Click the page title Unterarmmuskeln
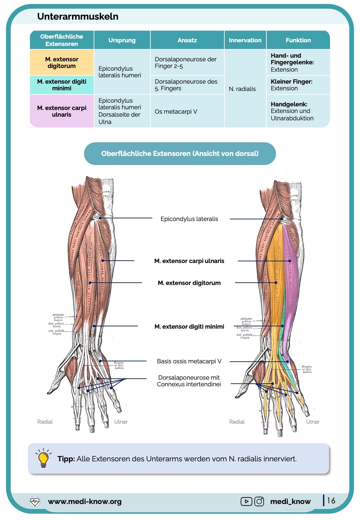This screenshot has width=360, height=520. (78, 16)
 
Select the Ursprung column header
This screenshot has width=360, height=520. (122, 40)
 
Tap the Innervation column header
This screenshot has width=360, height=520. (245, 40)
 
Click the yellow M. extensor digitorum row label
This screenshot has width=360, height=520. (62, 63)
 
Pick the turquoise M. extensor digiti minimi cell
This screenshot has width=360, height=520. (62, 85)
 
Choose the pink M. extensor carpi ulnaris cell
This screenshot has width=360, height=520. (62, 111)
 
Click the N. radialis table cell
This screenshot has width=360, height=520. (242, 89)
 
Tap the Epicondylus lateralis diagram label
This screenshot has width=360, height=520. (189, 219)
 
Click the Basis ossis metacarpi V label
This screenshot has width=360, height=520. (189, 361)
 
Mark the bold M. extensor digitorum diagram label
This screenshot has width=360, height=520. (189, 283)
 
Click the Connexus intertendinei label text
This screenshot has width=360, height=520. (189, 384)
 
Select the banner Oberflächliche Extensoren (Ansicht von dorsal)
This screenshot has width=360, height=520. (180, 154)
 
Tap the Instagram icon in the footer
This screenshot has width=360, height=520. (259, 501)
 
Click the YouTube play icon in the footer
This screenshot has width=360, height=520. (246, 501)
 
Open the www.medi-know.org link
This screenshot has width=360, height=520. (85, 501)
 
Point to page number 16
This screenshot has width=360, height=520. (331, 500)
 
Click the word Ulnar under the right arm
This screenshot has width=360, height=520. (313, 422)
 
